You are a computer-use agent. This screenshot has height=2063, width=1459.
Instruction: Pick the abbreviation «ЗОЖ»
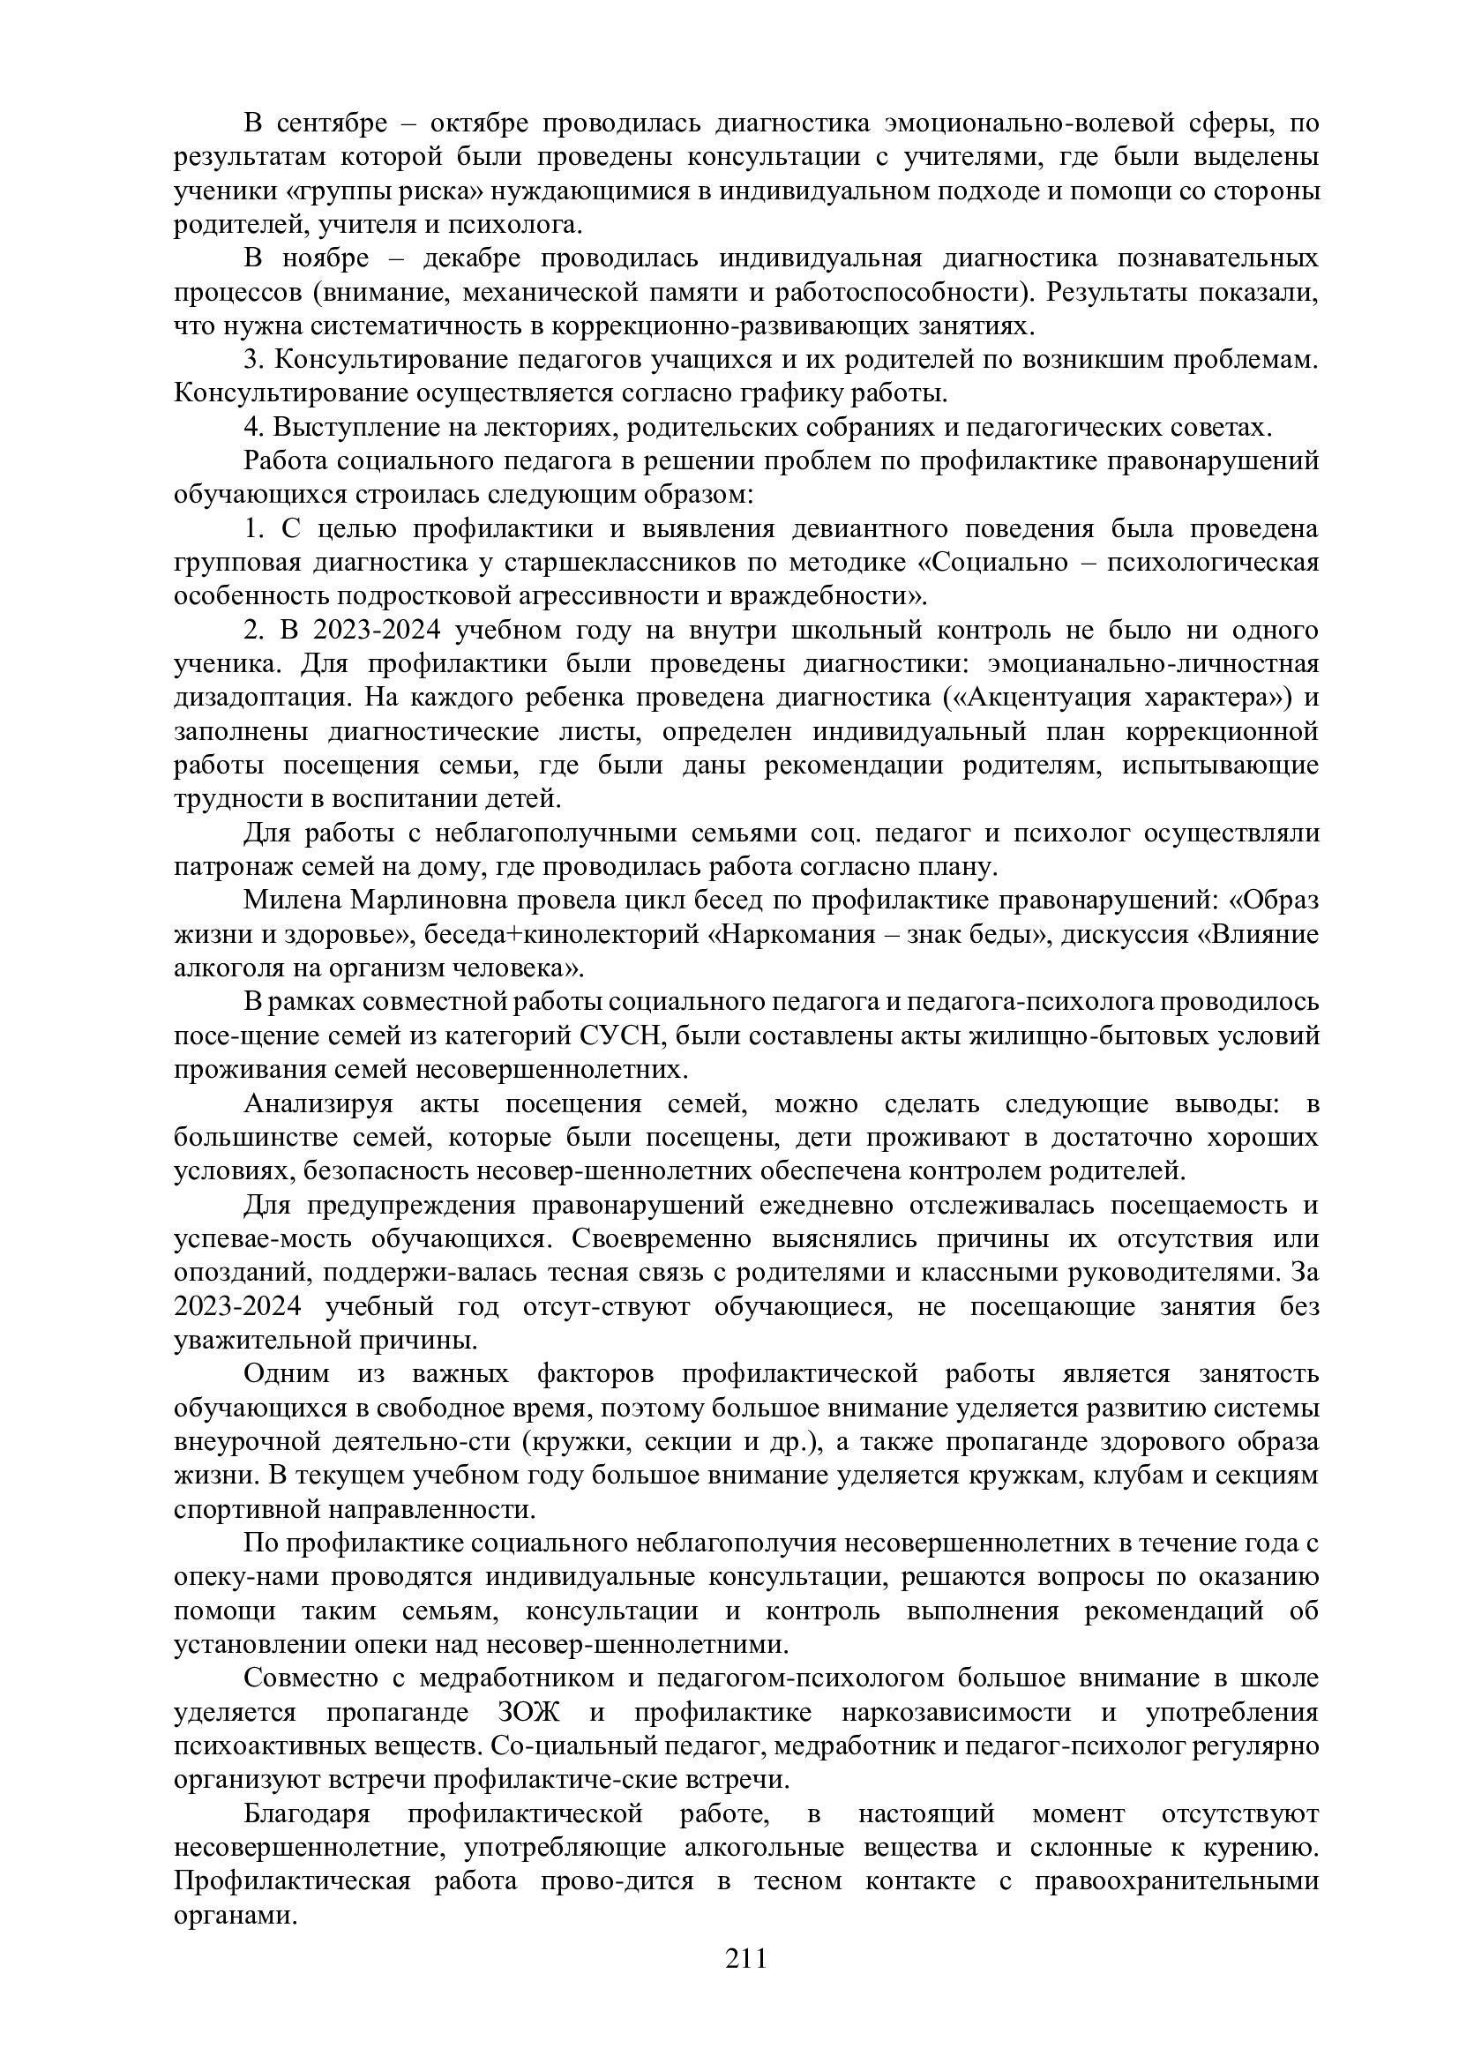527,1713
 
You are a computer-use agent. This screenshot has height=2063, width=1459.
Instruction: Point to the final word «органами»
235,1916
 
